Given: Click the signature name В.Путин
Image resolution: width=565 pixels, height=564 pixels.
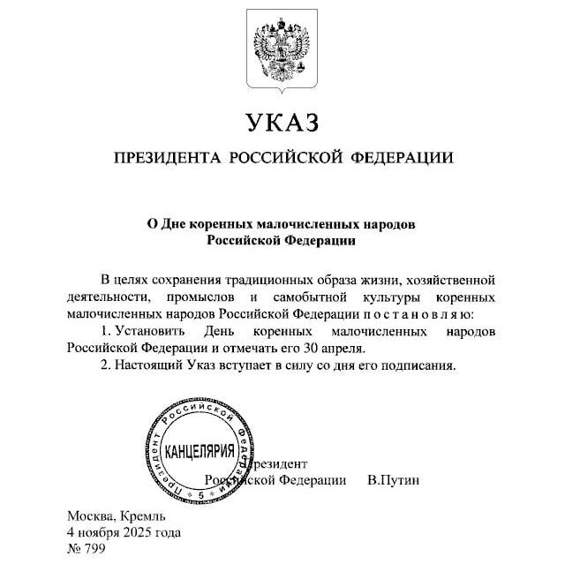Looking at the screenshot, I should (x=393, y=479).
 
